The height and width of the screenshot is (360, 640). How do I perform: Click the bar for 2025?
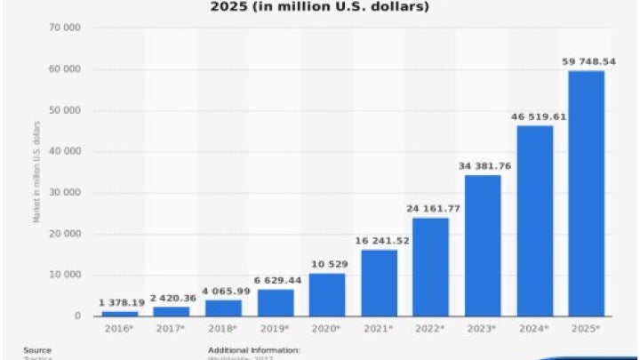pos(586,193)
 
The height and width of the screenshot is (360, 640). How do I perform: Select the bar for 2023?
pos(482,245)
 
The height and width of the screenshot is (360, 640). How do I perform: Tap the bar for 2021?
pos(379,283)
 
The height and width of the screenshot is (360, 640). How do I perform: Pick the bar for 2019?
pos(276,302)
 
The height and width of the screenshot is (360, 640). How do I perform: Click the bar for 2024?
pos(534,220)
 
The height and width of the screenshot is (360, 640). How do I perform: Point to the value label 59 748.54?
pos(586,60)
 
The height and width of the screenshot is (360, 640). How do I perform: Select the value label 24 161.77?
pos(430,208)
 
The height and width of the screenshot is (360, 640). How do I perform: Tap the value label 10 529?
pos(327,264)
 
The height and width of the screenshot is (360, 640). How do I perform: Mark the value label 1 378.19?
pos(121,302)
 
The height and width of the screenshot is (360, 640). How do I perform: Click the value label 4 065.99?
pos(224,292)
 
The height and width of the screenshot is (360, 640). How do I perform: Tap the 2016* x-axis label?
pos(121,329)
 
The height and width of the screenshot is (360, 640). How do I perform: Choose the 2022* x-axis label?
pos(430,329)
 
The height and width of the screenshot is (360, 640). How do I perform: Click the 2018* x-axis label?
pos(224,329)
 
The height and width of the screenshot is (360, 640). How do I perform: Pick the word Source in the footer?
pos(37,350)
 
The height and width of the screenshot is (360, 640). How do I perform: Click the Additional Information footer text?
pos(254,350)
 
